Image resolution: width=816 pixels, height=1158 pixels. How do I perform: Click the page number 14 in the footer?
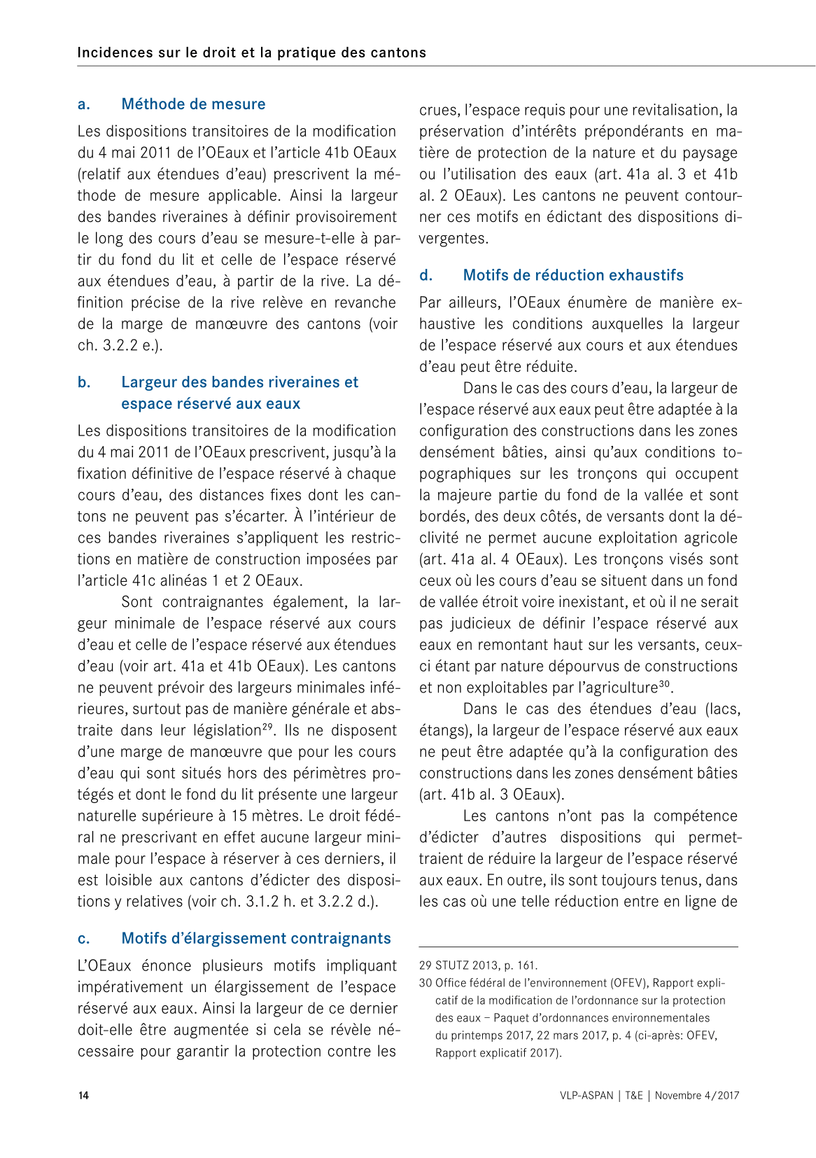[x=83, y=1096]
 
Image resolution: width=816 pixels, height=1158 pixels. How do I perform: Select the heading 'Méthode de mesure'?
[x=193, y=104]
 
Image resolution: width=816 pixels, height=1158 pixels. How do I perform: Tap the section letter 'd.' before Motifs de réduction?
[x=425, y=275]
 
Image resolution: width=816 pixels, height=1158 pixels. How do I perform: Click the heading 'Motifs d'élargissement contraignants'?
[x=256, y=938]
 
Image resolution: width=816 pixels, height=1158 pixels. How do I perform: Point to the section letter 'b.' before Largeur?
[x=84, y=382]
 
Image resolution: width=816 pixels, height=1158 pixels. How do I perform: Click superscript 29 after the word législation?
[x=267, y=726]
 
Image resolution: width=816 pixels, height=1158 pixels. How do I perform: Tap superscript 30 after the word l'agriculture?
[x=665, y=683]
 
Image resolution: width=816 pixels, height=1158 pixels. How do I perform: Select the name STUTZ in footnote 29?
[x=452, y=965]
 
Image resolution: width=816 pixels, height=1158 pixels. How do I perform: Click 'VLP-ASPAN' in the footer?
[x=586, y=1096]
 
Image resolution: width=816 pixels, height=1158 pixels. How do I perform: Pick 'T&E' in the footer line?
[x=634, y=1096]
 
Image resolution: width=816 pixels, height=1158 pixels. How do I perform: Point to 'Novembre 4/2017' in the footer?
[x=697, y=1096]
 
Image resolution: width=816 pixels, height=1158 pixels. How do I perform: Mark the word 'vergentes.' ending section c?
[x=453, y=238]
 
